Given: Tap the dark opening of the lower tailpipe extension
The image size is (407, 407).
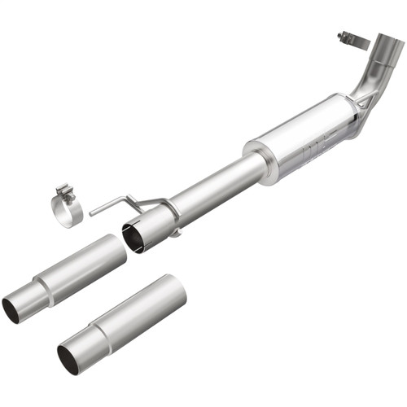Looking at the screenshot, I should click(68, 358).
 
